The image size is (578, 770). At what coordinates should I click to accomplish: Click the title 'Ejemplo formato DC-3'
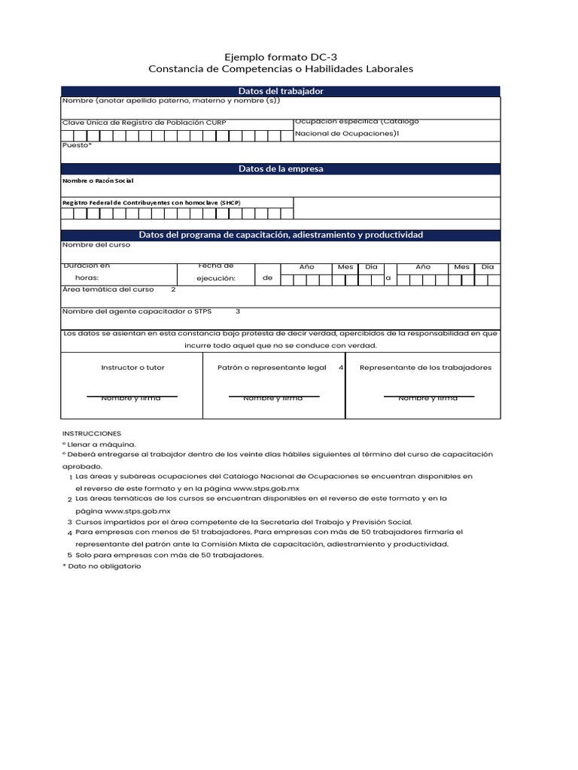(x=281, y=57)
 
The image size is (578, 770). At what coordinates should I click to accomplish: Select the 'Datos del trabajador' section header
(x=281, y=91)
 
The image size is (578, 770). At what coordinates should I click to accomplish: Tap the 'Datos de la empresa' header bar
(x=281, y=169)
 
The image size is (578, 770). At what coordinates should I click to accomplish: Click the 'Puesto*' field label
(x=77, y=145)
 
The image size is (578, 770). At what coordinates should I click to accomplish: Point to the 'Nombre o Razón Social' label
(x=99, y=181)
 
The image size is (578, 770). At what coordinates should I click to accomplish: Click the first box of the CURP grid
(x=68, y=135)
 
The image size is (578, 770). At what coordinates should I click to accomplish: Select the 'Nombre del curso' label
(x=96, y=244)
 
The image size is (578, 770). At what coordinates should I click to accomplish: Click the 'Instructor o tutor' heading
(x=132, y=368)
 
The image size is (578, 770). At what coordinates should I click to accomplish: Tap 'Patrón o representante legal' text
(x=272, y=368)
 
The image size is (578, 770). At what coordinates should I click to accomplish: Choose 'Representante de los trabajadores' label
(x=425, y=368)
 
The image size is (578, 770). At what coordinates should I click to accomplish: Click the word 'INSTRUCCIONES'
(x=91, y=434)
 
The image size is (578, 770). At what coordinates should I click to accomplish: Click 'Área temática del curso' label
(x=108, y=290)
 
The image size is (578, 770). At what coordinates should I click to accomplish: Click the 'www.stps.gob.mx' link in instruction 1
(x=266, y=489)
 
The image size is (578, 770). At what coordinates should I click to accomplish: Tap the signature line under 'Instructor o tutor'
(x=132, y=396)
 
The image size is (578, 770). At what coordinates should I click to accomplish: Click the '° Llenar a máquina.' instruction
(x=99, y=444)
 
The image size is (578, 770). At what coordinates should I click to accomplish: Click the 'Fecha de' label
(x=216, y=265)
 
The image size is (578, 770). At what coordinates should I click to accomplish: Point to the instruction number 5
(x=69, y=555)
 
